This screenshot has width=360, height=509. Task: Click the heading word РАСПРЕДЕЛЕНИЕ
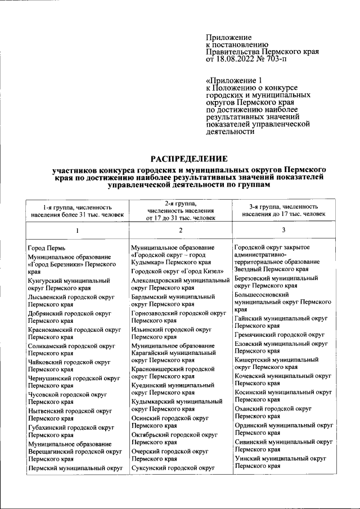pos(188,159)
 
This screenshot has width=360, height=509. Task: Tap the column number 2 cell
pos(181,231)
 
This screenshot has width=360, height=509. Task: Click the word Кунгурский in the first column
pos(46,280)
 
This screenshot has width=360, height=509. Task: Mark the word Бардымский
pos(150,296)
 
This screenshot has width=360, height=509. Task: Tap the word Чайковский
pos(45,362)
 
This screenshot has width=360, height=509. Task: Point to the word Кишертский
pos(253,359)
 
